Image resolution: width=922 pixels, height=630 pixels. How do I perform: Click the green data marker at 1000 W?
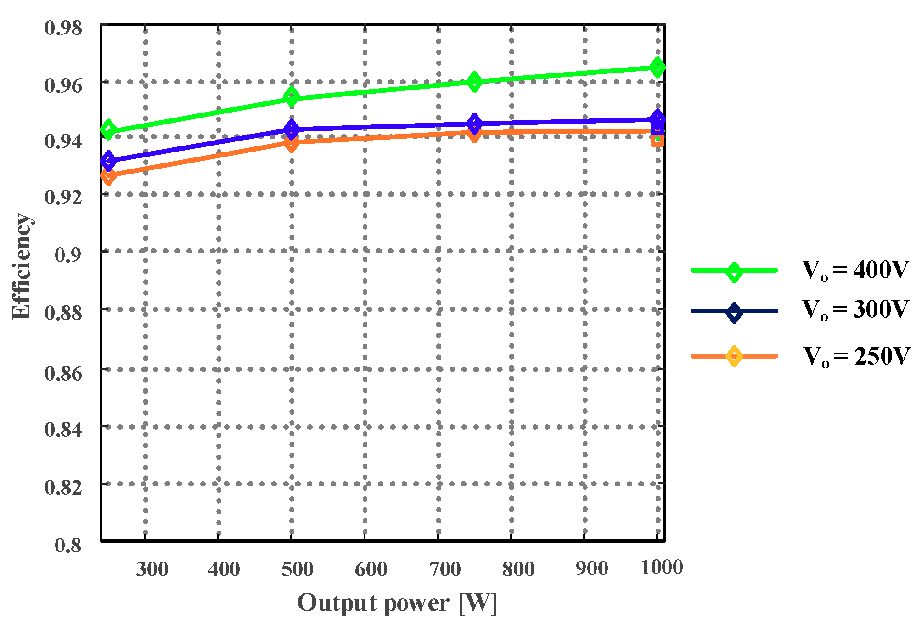pyautogui.click(x=658, y=67)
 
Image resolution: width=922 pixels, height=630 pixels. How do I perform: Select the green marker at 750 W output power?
pyautogui.click(x=474, y=82)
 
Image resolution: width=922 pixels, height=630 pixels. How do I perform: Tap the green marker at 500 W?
pyautogui.click(x=291, y=97)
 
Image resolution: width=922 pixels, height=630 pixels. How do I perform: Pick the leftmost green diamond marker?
pyautogui.click(x=108, y=130)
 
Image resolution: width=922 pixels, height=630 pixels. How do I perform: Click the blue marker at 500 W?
pyautogui.click(x=291, y=129)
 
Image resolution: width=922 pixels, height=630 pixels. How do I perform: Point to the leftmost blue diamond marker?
pyautogui.click(x=108, y=161)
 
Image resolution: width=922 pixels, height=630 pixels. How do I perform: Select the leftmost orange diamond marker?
pyautogui.click(x=108, y=176)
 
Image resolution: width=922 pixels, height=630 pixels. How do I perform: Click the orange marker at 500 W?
pyautogui.click(x=291, y=143)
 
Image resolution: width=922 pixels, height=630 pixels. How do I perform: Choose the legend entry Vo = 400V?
pyautogui.click(x=855, y=270)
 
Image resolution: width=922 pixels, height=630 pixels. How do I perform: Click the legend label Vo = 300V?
pyautogui.click(x=855, y=310)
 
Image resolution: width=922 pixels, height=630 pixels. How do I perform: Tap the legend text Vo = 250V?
pyautogui.click(x=856, y=356)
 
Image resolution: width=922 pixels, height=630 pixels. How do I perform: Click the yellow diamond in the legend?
pyautogui.click(x=734, y=356)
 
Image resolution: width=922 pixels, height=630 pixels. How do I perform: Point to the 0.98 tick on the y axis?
pyautogui.click(x=63, y=28)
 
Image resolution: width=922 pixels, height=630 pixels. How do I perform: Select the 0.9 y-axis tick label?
pyautogui.click(x=68, y=255)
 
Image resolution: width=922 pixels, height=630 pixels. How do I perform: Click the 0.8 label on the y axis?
pyautogui.click(x=68, y=545)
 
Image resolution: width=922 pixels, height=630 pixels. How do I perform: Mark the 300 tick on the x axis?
pyautogui.click(x=152, y=569)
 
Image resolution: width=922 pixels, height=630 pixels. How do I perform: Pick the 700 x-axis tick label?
pyautogui.click(x=444, y=569)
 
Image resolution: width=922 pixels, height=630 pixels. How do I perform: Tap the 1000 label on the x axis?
pyautogui.click(x=661, y=568)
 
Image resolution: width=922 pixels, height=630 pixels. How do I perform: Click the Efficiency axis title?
pyautogui.click(x=22, y=266)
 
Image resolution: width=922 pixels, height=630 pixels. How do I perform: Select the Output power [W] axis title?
pyautogui.click(x=398, y=603)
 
